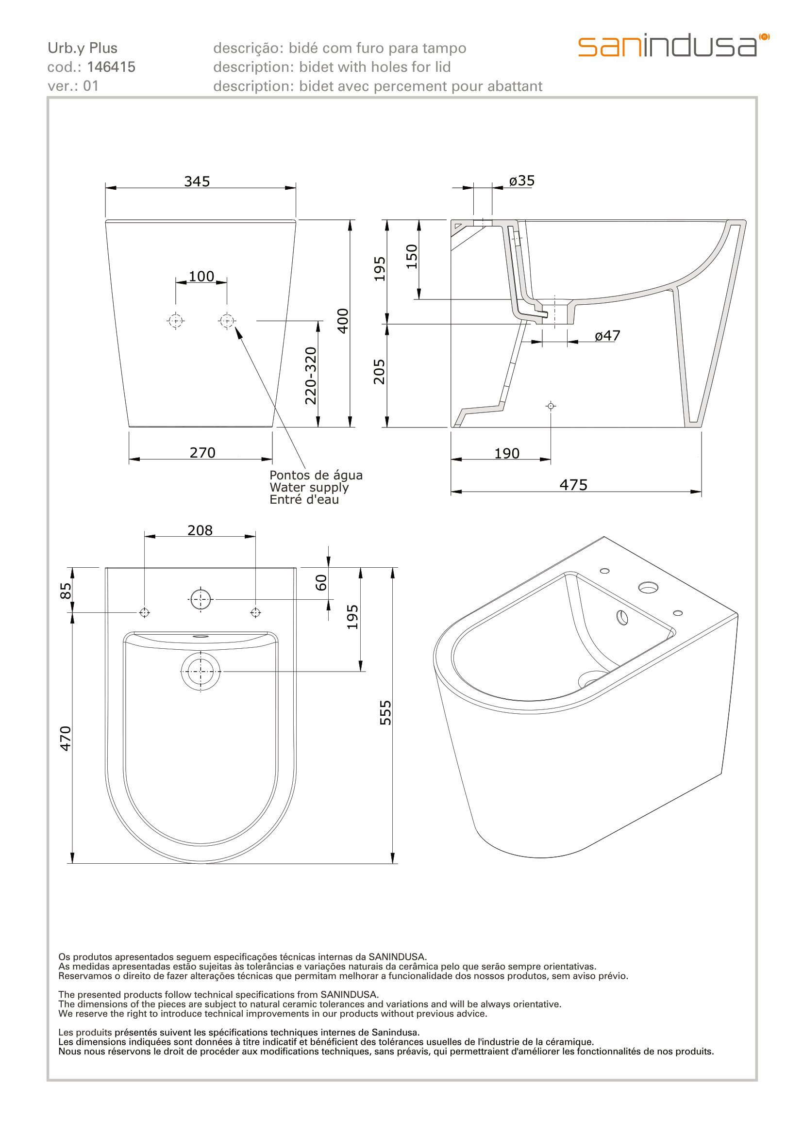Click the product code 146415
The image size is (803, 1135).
point(111,67)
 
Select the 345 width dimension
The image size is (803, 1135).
point(197,181)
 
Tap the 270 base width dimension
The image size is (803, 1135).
point(202,452)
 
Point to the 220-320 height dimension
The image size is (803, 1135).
point(311,376)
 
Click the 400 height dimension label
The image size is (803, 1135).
point(343,321)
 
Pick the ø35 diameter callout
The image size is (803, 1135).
point(521,181)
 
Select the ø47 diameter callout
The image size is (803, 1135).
point(607,336)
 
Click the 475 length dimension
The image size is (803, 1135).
point(573,484)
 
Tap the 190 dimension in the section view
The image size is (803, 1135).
point(507,453)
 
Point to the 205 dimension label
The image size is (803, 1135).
point(379,372)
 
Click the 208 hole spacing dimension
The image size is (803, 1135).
point(200,530)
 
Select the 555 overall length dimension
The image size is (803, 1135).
point(385,713)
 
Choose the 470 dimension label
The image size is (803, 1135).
point(66,739)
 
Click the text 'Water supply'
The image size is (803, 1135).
point(309,487)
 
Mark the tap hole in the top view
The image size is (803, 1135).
point(200,600)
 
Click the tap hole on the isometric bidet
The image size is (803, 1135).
point(648,588)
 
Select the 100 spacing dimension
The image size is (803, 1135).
point(201,276)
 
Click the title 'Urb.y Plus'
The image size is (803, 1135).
point(83,49)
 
